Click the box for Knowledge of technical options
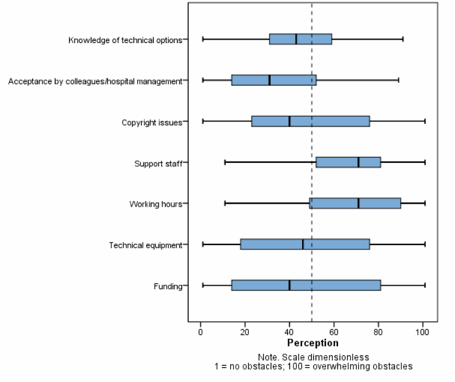tap(300, 39)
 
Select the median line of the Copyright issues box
tap(290, 121)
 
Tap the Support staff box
tap(348, 162)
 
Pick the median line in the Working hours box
tap(358, 204)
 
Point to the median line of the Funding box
tap(290, 286)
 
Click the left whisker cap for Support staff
tap(225, 162)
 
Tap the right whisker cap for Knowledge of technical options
tap(403, 39)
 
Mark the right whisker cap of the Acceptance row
tap(399, 80)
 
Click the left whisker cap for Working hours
tap(225, 204)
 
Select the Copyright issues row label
tap(152, 123)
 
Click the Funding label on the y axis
tap(168, 286)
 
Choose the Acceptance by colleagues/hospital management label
tap(95, 81)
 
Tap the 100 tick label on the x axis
tap(423, 332)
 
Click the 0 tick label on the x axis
tap(200, 332)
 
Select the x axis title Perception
tap(312, 343)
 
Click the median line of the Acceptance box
tap(270, 80)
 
